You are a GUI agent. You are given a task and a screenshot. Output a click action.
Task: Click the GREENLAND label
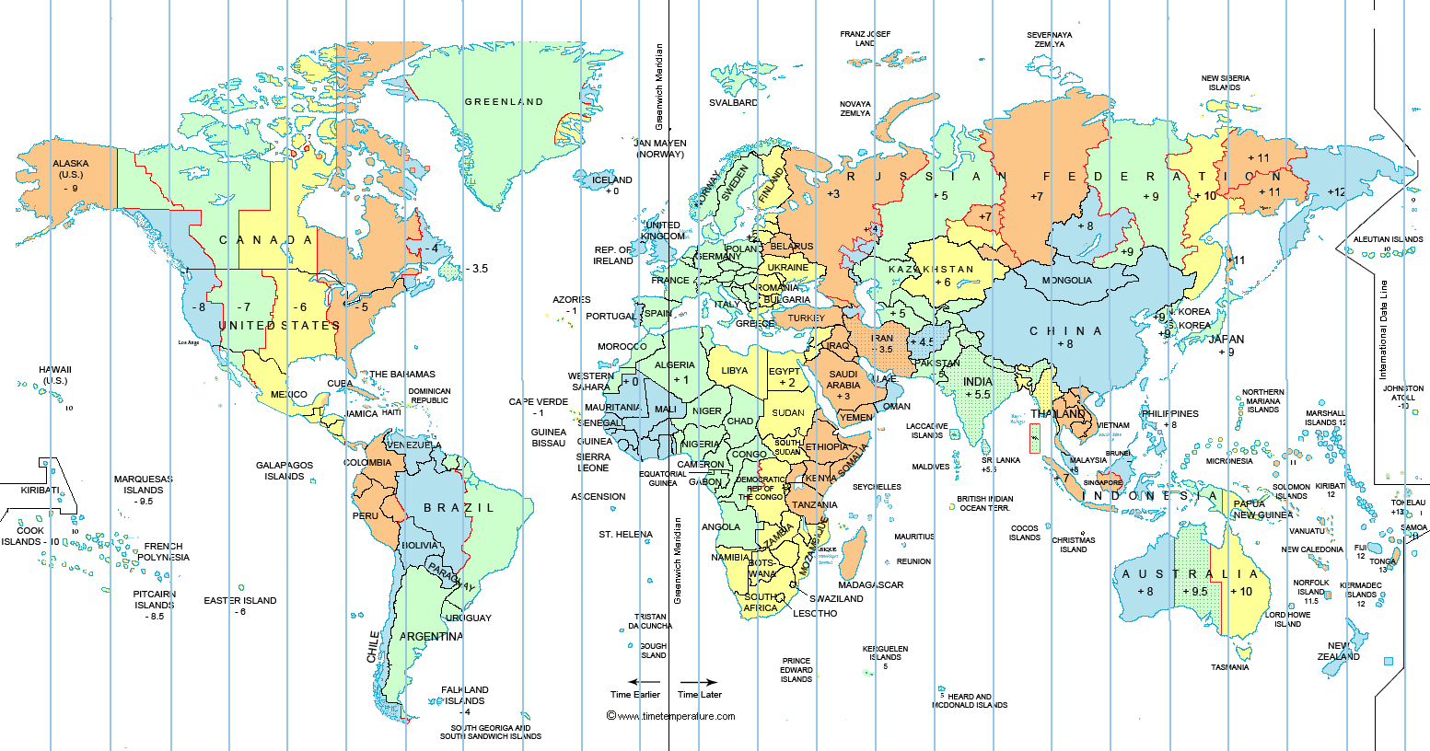click(504, 102)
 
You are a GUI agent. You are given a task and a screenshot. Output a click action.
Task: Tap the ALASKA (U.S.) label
click(71, 169)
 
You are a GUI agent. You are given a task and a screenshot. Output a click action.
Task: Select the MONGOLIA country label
click(1066, 281)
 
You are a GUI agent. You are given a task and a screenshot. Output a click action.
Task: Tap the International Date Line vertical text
click(1382, 330)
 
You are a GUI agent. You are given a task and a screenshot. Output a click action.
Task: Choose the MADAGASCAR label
click(870, 585)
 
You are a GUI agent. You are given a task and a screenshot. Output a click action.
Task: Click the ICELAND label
click(612, 180)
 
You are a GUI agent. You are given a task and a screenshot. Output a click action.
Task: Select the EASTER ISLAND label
click(240, 601)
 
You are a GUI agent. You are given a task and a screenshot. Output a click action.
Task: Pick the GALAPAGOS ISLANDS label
click(285, 471)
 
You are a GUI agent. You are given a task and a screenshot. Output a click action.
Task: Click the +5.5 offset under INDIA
click(978, 395)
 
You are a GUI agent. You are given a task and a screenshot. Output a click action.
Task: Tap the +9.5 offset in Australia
click(1194, 592)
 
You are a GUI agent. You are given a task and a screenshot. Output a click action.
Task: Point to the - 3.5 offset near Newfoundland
click(476, 269)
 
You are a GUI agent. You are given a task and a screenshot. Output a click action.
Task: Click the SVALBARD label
click(733, 103)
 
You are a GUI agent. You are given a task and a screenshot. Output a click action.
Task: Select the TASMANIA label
click(1229, 667)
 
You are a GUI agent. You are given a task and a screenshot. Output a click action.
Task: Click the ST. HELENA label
click(625, 535)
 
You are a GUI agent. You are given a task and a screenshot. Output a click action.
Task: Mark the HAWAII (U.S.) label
click(55, 375)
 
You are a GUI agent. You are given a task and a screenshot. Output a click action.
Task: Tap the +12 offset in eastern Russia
click(1335, 192)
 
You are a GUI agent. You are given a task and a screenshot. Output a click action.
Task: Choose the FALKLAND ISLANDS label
click(465, 695)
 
